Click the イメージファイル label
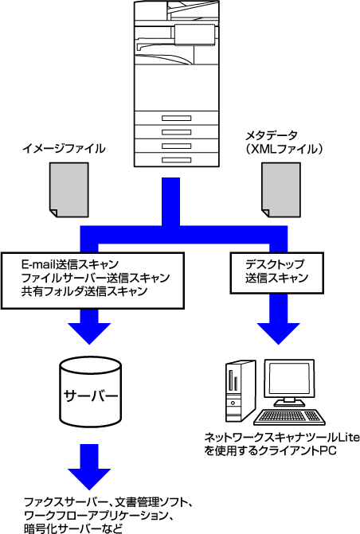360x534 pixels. (64, 149)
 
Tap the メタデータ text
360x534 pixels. (272, 135)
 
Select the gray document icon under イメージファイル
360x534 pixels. (69, 189)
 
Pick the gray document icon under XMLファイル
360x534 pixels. (281, 189)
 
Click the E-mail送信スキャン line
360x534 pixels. (70, 264)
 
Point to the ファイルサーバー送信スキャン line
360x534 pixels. (96, 278)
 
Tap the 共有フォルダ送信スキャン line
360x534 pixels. (84, 291)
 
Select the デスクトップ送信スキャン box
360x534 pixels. (277, 272)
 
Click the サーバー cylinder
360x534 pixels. (90, 390)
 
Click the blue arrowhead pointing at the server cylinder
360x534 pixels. (89, 333)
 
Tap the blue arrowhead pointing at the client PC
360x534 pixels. (278, 333)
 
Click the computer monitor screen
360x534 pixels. (290, 379)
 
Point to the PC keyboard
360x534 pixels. (289, 417)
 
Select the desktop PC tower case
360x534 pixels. (240, 391)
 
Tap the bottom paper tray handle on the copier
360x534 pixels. (176, 160)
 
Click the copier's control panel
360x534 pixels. (194, 34)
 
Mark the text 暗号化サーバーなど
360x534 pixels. (73, 528)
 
